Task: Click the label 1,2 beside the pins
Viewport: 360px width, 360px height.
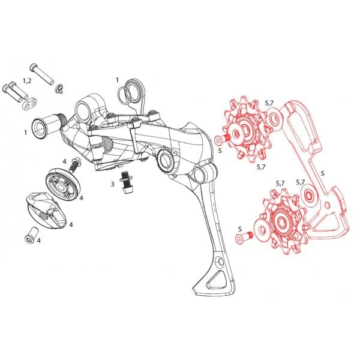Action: (x=27, y=81)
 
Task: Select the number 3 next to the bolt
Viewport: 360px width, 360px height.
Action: (x=112, y=184)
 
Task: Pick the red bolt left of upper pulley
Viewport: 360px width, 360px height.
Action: (x=223, y=139)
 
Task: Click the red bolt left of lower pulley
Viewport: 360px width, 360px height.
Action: (x=244, y=238)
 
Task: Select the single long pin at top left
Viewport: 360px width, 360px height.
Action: (x=42, y=74)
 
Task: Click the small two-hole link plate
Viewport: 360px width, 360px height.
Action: (x=30, y=104)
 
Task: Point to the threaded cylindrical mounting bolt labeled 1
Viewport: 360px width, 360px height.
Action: (x=49, y=126)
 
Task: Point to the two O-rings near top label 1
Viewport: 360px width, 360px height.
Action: (x=128, y=94)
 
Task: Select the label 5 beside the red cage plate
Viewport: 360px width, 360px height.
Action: (x=323, y=173)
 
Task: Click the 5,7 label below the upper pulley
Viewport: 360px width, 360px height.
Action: (x=261, y=167)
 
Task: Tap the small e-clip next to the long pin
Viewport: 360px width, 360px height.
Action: (x=59, y=89)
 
